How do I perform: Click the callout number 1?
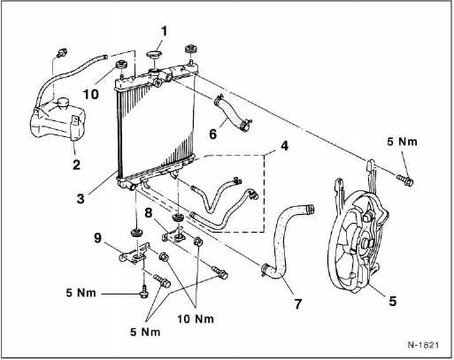(164, 32)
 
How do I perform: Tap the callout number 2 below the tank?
(76, 165)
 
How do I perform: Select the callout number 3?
(81, 198)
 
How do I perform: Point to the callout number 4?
(284, 146)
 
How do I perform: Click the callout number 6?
(212, 134)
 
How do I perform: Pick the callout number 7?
(298, 303)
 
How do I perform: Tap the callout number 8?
(148, 212)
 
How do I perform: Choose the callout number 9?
(98, 238)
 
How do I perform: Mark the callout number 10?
(90, 95)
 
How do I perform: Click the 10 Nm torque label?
(196, 318)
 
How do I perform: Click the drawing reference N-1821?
(423, 345)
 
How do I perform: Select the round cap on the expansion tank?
(63, 103)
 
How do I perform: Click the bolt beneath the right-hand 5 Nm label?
(405, 180)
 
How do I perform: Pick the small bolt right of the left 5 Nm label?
(143, 292)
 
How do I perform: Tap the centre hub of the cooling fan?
(365, 244)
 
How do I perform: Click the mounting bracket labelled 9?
(135, 254)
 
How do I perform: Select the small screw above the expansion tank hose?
(62, 53)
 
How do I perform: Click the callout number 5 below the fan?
(392, 301)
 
